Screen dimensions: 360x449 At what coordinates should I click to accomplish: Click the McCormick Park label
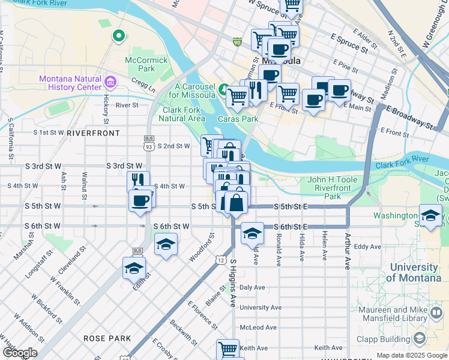pyautogui.click(x=140, y=64)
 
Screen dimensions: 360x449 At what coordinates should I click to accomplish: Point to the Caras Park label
pyautogui.click(x=241, y=119)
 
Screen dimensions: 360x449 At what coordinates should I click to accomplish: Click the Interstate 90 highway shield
pyautogui.click(x=238, y=41)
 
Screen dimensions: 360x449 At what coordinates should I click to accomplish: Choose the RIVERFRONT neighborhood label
pyautogui.click(x=93, y=133)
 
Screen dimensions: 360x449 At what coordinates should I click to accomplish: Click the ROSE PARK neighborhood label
pyautogui.click(x=107, y=338)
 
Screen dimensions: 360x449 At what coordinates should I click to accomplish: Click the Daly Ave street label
pyautogui.click(x=252, y=288)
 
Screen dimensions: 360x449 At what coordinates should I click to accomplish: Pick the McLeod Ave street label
pyautogui.click(x=258, y=328)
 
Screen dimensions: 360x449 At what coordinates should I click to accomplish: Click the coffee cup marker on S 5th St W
pyautogui.click(x=140, y=200)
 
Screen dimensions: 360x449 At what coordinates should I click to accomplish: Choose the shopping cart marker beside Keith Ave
pyautogui.click(x=228, y=349)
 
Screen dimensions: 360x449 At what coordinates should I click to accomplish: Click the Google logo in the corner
pyautogui.click(x=20, y=353)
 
